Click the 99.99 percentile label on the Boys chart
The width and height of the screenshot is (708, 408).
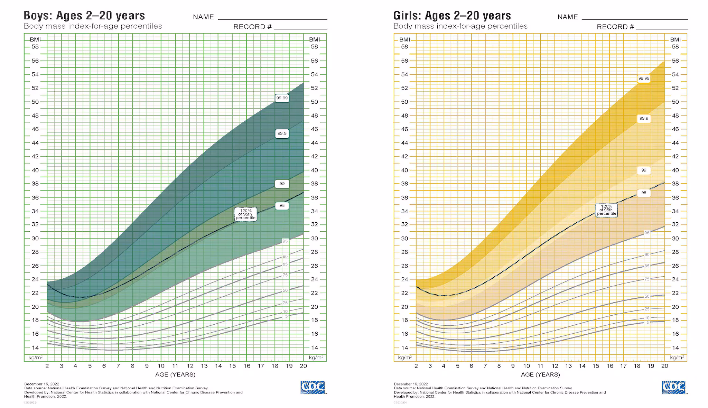coord(282,98)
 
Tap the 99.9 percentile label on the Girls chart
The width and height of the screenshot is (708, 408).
coord(644,119)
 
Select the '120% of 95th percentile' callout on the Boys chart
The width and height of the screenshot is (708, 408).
coord(246,214)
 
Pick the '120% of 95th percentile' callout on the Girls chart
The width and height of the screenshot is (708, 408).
coord(606,210)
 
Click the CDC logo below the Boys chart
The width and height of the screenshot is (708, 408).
coord(313,387)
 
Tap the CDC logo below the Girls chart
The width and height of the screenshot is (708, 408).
coord(674,387)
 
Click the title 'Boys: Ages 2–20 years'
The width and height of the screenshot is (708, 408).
coord(84,16)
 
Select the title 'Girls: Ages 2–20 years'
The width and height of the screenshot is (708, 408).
coord(452,16)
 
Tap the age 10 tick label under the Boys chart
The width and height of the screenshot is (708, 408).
coord(161,366)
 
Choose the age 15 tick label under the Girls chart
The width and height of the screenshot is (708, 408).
coord(596,366)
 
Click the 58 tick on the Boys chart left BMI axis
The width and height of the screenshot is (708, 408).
coord(35,47)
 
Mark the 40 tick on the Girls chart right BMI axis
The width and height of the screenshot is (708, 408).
coord(675,170)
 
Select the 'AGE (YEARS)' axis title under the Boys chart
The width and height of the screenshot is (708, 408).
coord(175,374)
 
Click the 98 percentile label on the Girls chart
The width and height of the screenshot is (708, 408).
coord(644,193)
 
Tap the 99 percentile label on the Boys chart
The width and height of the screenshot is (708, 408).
coord(282,184)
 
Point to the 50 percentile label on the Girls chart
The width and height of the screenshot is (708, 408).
coord(647,296)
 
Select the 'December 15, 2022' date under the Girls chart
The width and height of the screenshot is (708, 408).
coord(411,384)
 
